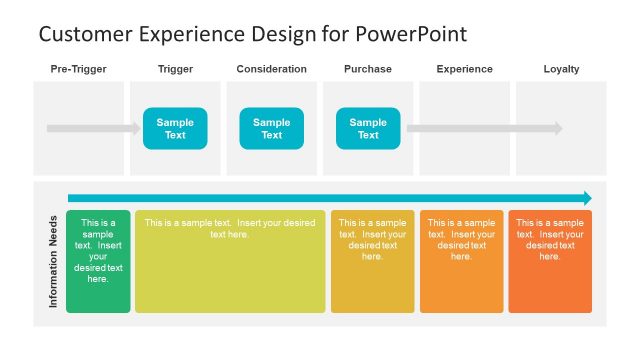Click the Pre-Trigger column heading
tap(78, 69)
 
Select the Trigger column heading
tap(175, 69)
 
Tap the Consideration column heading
tap(272, 69)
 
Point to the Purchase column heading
tap(368, 69)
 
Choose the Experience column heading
tap(465, 69)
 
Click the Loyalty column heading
tap(561, 69)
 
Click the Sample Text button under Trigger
tap(175, 128)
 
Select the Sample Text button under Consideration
tap(272, 128)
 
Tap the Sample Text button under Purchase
tap(368, 128)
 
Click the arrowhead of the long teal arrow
tap(586, 198)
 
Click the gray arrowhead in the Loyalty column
tap(558, 128)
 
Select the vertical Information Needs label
tap(53, 260)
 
